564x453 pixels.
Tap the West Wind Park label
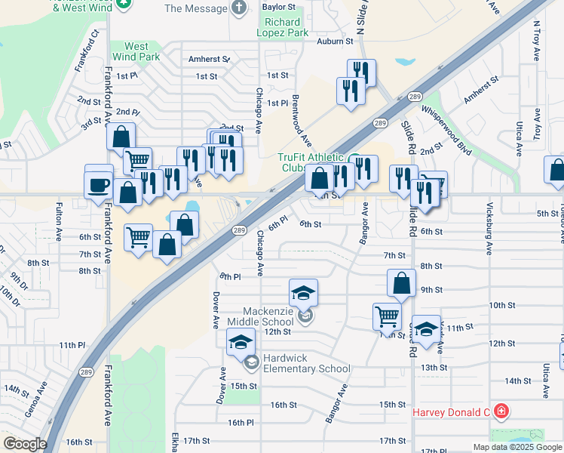click(x=136, y=51)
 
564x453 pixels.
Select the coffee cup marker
click(x=99, y=184)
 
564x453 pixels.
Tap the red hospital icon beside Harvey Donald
click(x=501, y=411)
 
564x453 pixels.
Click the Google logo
click(x=24, y=444)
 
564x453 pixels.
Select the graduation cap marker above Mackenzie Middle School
click(x=303, y=292)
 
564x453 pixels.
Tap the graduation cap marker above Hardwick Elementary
click(x=241, y=343)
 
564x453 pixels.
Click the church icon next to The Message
click(x=240, y=8)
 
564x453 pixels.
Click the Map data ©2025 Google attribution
click(x=516, y=447)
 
